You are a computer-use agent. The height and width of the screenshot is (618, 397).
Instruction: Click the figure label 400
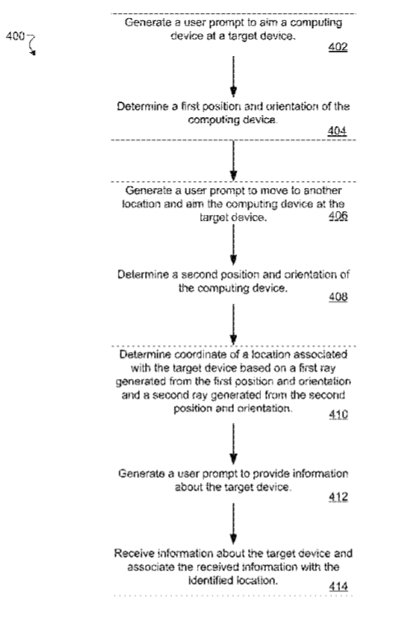point(15,36)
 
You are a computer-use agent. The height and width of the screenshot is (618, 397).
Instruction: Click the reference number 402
point(338,47)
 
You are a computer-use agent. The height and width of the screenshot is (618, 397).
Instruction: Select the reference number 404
point(337,131)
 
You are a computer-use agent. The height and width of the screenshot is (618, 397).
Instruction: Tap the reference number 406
point(339,216)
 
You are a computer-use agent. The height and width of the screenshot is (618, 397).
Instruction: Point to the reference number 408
point(339,297)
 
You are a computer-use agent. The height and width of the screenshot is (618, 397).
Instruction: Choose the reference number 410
point(339,414)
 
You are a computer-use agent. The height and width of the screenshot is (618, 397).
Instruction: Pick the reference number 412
point(339,497)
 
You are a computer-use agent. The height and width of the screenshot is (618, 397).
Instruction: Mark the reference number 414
point(339,587)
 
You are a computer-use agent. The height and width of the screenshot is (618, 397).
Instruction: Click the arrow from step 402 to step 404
point(234,77)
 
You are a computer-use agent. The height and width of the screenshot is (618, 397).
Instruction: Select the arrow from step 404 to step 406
point(234,161)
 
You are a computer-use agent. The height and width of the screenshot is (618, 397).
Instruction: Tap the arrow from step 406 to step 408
point(234,245)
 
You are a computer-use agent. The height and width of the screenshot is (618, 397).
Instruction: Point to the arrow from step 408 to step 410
point(234,325)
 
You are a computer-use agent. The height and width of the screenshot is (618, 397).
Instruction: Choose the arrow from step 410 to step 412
point(234,444)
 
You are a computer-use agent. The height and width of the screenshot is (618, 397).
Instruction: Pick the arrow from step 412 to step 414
point(234,524)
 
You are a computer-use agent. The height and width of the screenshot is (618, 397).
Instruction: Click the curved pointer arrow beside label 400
point(32,44)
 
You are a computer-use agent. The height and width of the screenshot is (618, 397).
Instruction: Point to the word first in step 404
point(190,106)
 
